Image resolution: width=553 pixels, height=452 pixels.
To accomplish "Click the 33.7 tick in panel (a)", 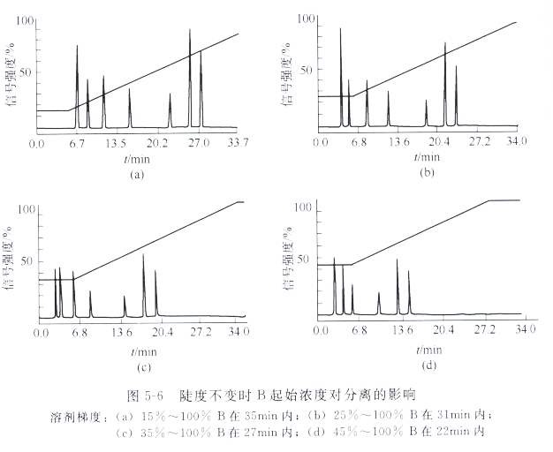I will [239, 143].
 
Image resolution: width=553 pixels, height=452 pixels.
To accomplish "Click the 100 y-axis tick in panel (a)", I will [27, 19].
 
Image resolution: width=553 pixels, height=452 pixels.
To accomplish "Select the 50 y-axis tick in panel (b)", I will [307, 68].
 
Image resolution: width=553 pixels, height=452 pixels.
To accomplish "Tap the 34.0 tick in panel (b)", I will [515, 141].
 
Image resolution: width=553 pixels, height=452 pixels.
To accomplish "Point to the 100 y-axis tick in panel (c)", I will [25, 210].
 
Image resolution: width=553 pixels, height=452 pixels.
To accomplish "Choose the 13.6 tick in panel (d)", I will [403, 329].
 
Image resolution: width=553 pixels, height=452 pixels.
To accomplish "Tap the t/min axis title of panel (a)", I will [136, 160].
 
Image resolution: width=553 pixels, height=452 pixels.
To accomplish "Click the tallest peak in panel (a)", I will [190, 31].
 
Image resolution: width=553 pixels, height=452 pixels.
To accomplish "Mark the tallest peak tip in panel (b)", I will [341, 29].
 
